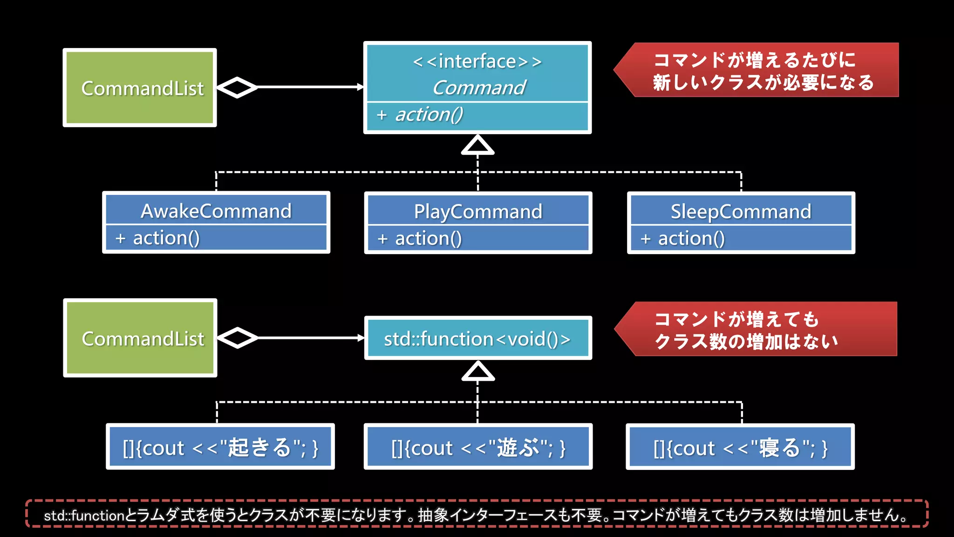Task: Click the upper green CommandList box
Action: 140,88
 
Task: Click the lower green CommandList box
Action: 140,338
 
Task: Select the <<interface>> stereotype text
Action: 477,62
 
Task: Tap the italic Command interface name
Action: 479,88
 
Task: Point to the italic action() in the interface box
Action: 429,115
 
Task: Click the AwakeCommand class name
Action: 216,211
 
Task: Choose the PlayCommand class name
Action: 478,212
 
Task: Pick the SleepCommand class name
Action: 741,212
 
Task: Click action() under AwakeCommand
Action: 166,238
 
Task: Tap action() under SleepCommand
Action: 691,239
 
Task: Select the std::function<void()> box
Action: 478,338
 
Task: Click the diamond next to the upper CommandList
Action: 237,87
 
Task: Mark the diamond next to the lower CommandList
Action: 238,338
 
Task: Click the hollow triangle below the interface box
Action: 477,145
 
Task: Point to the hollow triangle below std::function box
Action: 478,372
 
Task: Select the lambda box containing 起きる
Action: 220,447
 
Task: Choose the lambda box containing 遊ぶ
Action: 478,447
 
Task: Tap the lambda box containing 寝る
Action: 740,447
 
